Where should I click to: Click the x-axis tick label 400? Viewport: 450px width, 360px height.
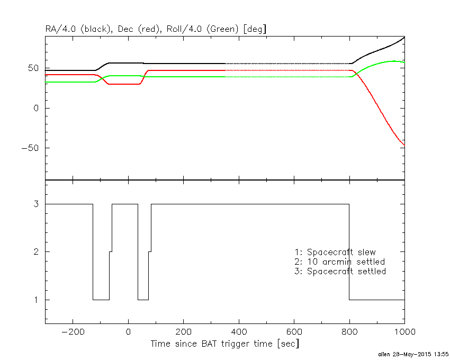(x=239, y=332)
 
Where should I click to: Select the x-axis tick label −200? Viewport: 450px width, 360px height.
(x=73, y=332)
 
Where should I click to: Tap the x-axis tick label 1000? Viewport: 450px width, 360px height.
(x=404, y=332)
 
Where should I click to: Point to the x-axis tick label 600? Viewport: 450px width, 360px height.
(x=294, y=332)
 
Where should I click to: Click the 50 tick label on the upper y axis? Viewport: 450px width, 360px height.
(x=33, y=68)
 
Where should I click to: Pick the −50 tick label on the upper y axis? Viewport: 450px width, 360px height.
(x=30, y=148)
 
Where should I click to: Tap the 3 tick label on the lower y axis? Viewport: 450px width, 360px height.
(x=36, y=204)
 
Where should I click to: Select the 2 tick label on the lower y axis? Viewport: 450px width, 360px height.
(x=36, y=252)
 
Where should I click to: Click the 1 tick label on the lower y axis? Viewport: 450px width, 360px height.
(x=36, y=300)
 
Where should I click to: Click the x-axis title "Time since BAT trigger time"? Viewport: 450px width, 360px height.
(x=212, y=344)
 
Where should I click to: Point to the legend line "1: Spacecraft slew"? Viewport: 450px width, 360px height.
(x=335, y=252)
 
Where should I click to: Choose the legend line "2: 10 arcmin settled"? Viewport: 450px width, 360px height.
(x=340, y=262)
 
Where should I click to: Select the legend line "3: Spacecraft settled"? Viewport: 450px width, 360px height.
(x=340, y=271)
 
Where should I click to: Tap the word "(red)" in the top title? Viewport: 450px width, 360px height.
(x=148, y=29)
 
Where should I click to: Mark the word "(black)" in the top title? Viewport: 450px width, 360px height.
(x=96, y=29)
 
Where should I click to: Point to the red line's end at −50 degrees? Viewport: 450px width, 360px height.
(x=404, y=146)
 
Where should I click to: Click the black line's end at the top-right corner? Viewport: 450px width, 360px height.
(x=404, y=37)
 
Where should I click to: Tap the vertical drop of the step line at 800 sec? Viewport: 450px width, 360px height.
(x=349, y=252)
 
